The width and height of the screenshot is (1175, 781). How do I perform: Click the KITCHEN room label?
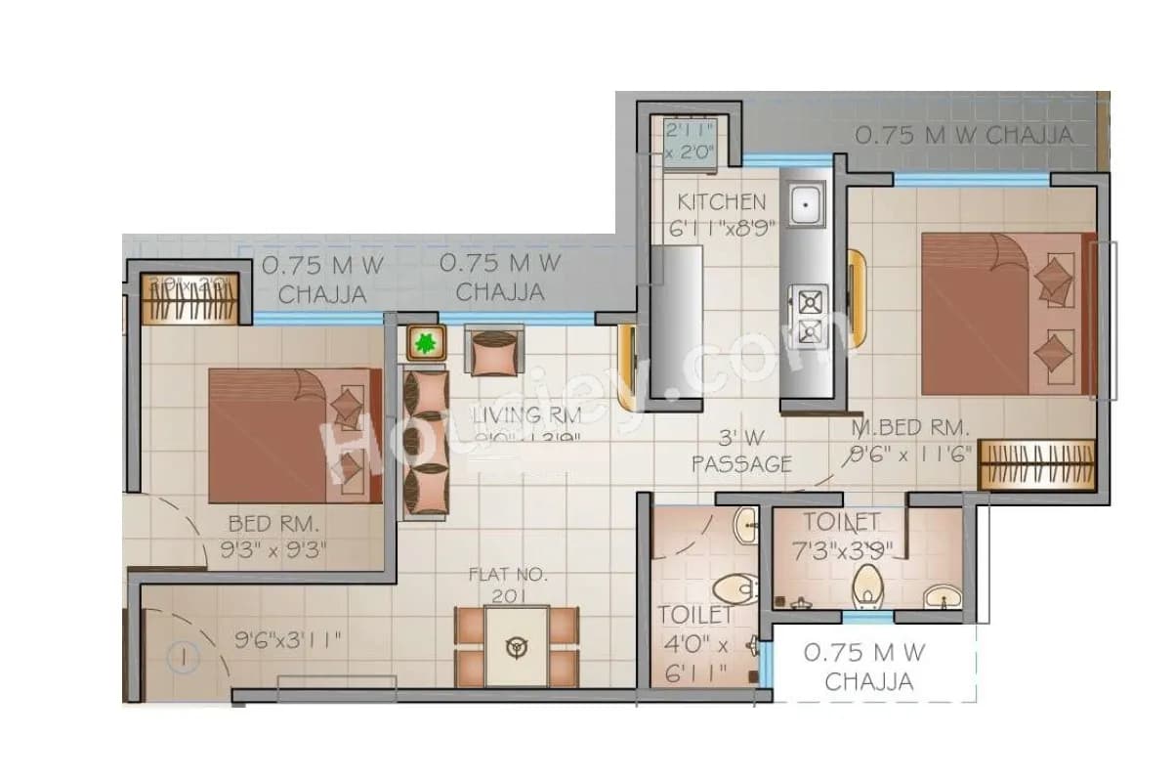coord(722,202)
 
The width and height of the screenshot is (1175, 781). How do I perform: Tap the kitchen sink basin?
coord(807,205)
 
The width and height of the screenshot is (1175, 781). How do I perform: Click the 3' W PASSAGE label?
coord(741,452)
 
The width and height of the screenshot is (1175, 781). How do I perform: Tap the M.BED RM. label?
coord(909,427)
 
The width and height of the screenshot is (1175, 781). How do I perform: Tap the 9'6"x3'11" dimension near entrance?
coord(288,641)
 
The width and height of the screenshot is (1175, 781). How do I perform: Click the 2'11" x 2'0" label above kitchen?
coord(692,141)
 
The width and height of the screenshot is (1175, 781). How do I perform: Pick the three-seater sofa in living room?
coord(426,440)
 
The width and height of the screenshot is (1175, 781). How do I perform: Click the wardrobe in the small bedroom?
coord(190,298)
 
